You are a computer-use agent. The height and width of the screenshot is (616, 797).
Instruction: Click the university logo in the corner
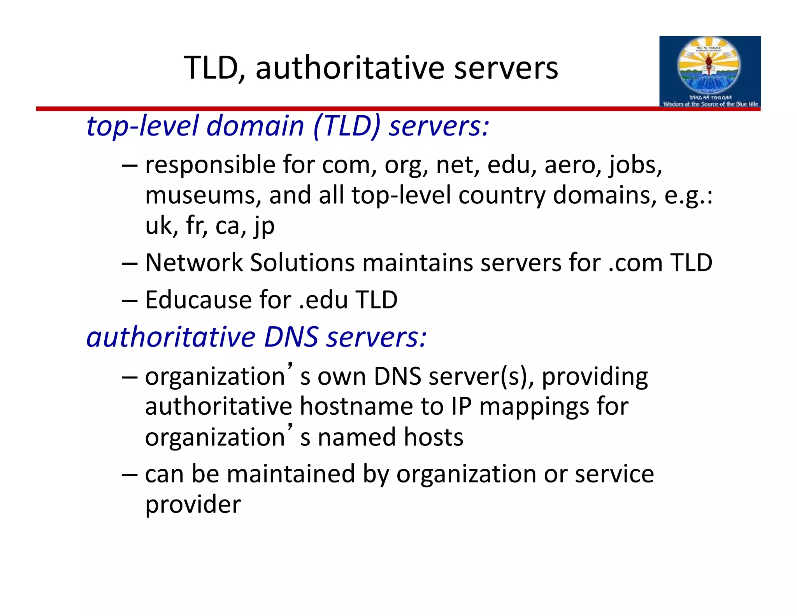click(709, 72)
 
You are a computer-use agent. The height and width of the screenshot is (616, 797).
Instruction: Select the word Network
click(193, 262)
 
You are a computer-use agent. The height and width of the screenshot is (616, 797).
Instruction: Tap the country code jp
click(264, 226)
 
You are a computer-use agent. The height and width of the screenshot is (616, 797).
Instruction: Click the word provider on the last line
click(193, 505)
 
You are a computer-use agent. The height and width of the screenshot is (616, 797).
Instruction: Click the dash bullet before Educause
click(129, 300)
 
